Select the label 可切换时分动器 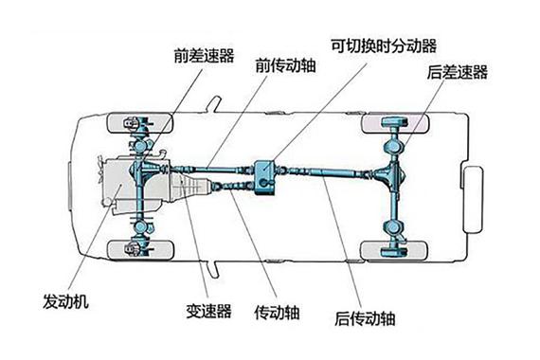(x=383, y=45)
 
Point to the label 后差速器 (x=456, y=71)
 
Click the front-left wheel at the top (x=140, y=123)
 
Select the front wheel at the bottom (x=140, y=248)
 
